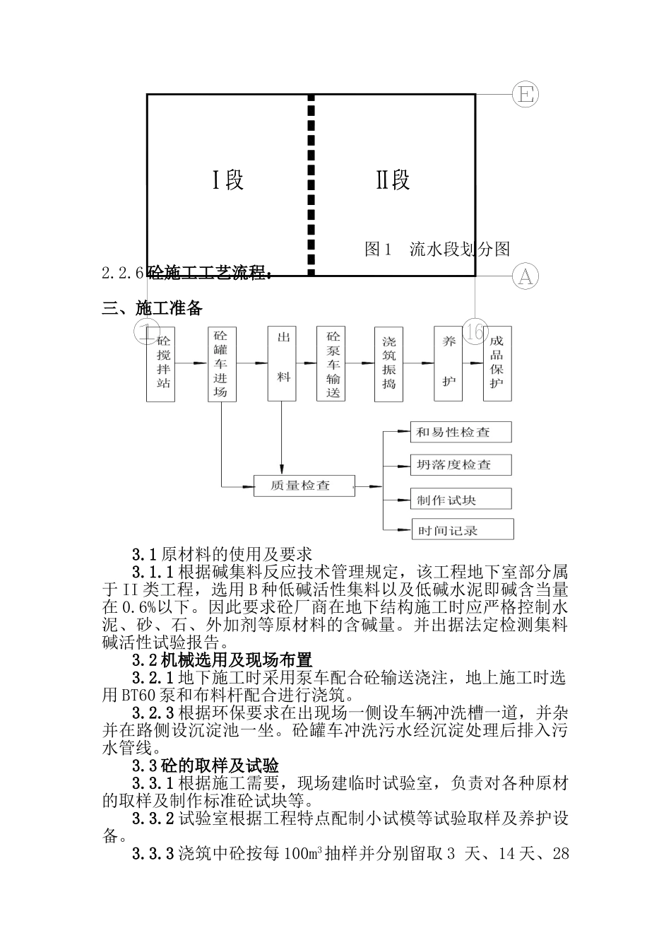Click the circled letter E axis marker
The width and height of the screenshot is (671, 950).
coord(525,94)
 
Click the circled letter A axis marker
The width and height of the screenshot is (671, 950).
coord(525,276)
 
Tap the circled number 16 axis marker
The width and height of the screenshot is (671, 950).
coord(475,332)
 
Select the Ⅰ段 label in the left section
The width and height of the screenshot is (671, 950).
coord(228,180)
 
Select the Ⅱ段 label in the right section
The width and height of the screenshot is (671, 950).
coord(393,180)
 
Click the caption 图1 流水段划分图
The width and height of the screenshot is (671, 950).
coord(437,249)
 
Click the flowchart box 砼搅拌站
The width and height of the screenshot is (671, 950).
coord(161,364)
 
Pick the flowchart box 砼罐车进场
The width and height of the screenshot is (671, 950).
coord(222,364)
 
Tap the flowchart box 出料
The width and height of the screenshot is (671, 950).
coord(282,364)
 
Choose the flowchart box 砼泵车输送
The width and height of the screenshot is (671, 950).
coord(333,364)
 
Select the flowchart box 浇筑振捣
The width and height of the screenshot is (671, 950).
coord(388,364)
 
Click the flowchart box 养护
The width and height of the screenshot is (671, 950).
coord(449,364)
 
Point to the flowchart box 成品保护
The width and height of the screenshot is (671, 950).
coord(497,364)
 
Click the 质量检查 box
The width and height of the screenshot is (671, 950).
coord(302,486)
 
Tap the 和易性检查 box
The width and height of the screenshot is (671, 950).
coord(461,433)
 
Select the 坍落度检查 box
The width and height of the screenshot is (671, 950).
coord(461,465)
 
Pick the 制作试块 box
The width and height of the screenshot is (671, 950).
coord(461,500)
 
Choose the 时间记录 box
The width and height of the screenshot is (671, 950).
coord(462,529)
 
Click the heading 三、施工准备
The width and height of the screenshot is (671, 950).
coord(153,309)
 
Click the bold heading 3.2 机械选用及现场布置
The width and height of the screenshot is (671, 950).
coord(222,661)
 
